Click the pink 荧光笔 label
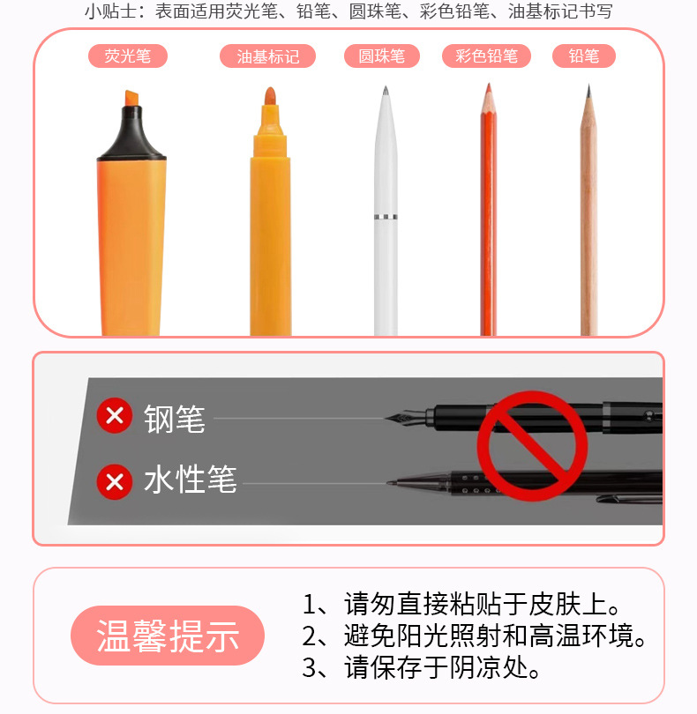(128, 56)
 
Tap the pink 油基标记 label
(267, 56)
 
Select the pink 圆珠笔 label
(381, 56)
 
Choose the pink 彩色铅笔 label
(486, 56)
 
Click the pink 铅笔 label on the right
(584, 56)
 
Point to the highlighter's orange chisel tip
(131, 99)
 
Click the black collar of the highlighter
(131, 133)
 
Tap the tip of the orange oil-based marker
(270, 95)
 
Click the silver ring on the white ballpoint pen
(386, 217)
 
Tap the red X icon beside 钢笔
(115, 415)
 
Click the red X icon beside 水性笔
(115, 482)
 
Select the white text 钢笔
(175, 419)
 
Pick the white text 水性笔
(191, 480)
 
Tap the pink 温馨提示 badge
(168, 636)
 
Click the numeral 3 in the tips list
(309, 668)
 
